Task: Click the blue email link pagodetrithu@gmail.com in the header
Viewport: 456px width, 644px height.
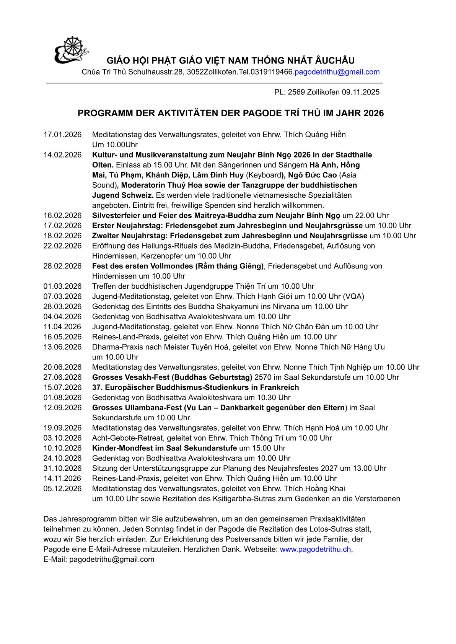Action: [x=337, y=72]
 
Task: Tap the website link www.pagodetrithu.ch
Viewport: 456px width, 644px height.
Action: [x=315, y=549]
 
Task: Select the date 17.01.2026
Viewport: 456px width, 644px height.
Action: [x=62, y=135]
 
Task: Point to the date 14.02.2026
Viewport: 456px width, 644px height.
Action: [x=62, y=155]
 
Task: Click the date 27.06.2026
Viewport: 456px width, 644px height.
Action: [x=62, y=377]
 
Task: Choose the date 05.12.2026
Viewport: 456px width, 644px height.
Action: [x=62, y=489]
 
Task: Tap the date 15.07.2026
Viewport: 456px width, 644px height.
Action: [x=62, y=387]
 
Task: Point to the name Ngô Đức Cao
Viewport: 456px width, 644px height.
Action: [x=313, y=175]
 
